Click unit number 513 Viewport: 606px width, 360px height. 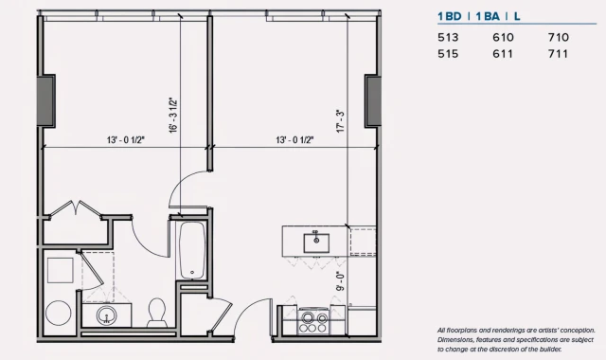(x=448, y=37)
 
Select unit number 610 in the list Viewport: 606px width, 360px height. (x=504, y=37)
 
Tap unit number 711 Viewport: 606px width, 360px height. (x=559, y=54)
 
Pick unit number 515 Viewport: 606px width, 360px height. (x=448, y=54)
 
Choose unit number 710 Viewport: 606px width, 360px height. (x=559, y=37)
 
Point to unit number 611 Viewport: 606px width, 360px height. (x=504, y=54)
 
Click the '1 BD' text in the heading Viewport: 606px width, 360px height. (x=450, y=16)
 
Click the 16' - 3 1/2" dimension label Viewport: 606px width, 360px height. (x=171, y=115)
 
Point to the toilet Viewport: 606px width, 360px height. (x=158, y=310)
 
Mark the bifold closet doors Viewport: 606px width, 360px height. (x=74, y=208)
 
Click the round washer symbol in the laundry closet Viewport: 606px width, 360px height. (x=59, y=312)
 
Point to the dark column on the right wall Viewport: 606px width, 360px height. (x=371, y=98)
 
